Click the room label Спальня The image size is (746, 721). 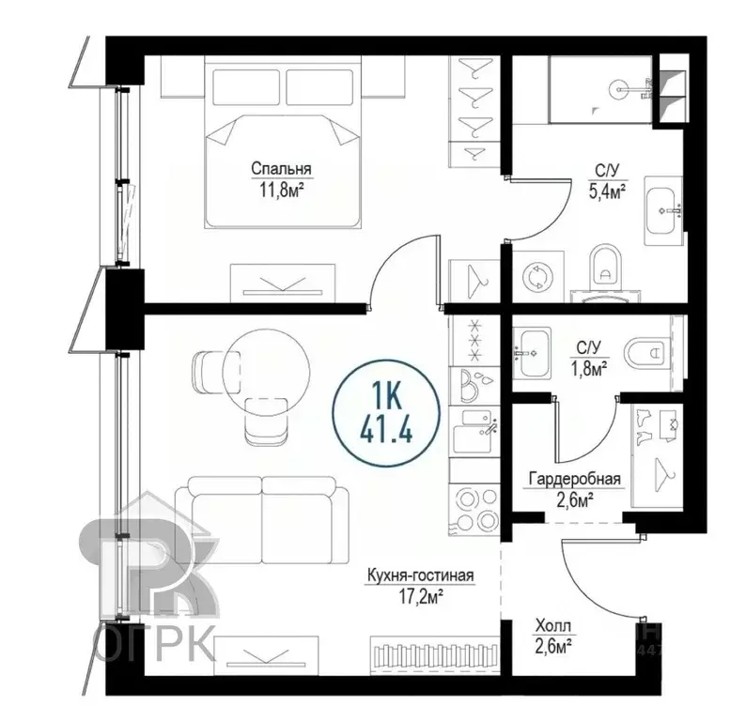tap(281, 169)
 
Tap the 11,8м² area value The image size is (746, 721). tap(281, 188)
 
